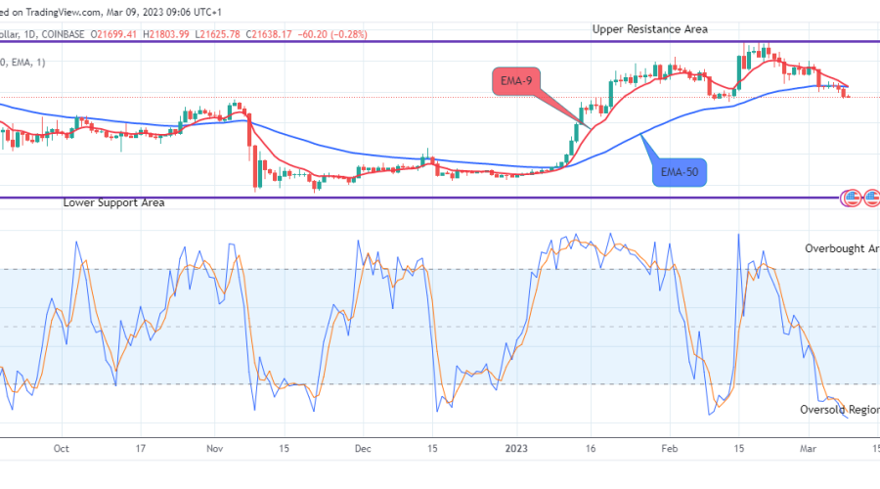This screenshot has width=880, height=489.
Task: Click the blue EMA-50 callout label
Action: pos(680,173)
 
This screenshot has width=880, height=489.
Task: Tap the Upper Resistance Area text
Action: pos(649,29)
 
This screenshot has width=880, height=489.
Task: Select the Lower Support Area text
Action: pos(113,202)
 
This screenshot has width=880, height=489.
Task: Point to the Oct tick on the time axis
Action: pos(61,449)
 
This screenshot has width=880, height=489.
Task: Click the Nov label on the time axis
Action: pos(215,449)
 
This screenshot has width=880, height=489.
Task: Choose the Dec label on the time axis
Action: pos(362,449)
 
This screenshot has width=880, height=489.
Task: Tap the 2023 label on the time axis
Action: pos(518,449)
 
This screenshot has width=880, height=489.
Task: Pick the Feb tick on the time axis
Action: pos(669,449)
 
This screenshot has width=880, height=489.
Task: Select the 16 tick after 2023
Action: pos(593,449)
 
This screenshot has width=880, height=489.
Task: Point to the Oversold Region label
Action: pos(837,410)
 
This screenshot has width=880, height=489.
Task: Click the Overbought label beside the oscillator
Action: pos(841,248)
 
